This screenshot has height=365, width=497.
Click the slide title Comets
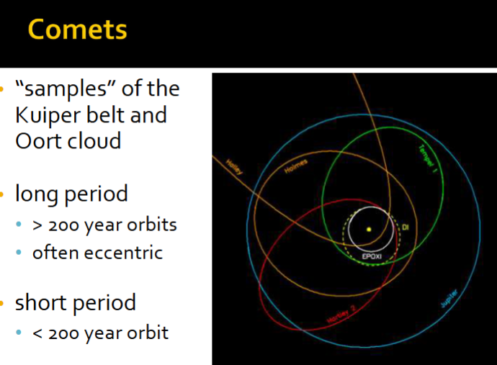click(x=77, y=30)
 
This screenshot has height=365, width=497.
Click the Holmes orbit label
click(x=295, y=165)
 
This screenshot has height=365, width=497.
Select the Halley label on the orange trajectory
click(x=234, y=168)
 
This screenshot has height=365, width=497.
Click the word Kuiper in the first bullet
click(x=52, y=114)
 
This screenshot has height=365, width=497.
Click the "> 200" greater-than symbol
click(x=37, y=225)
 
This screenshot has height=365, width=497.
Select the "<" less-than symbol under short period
click(x=37, y=333)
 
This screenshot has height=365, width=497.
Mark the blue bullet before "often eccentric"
click(x=21, y=253)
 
